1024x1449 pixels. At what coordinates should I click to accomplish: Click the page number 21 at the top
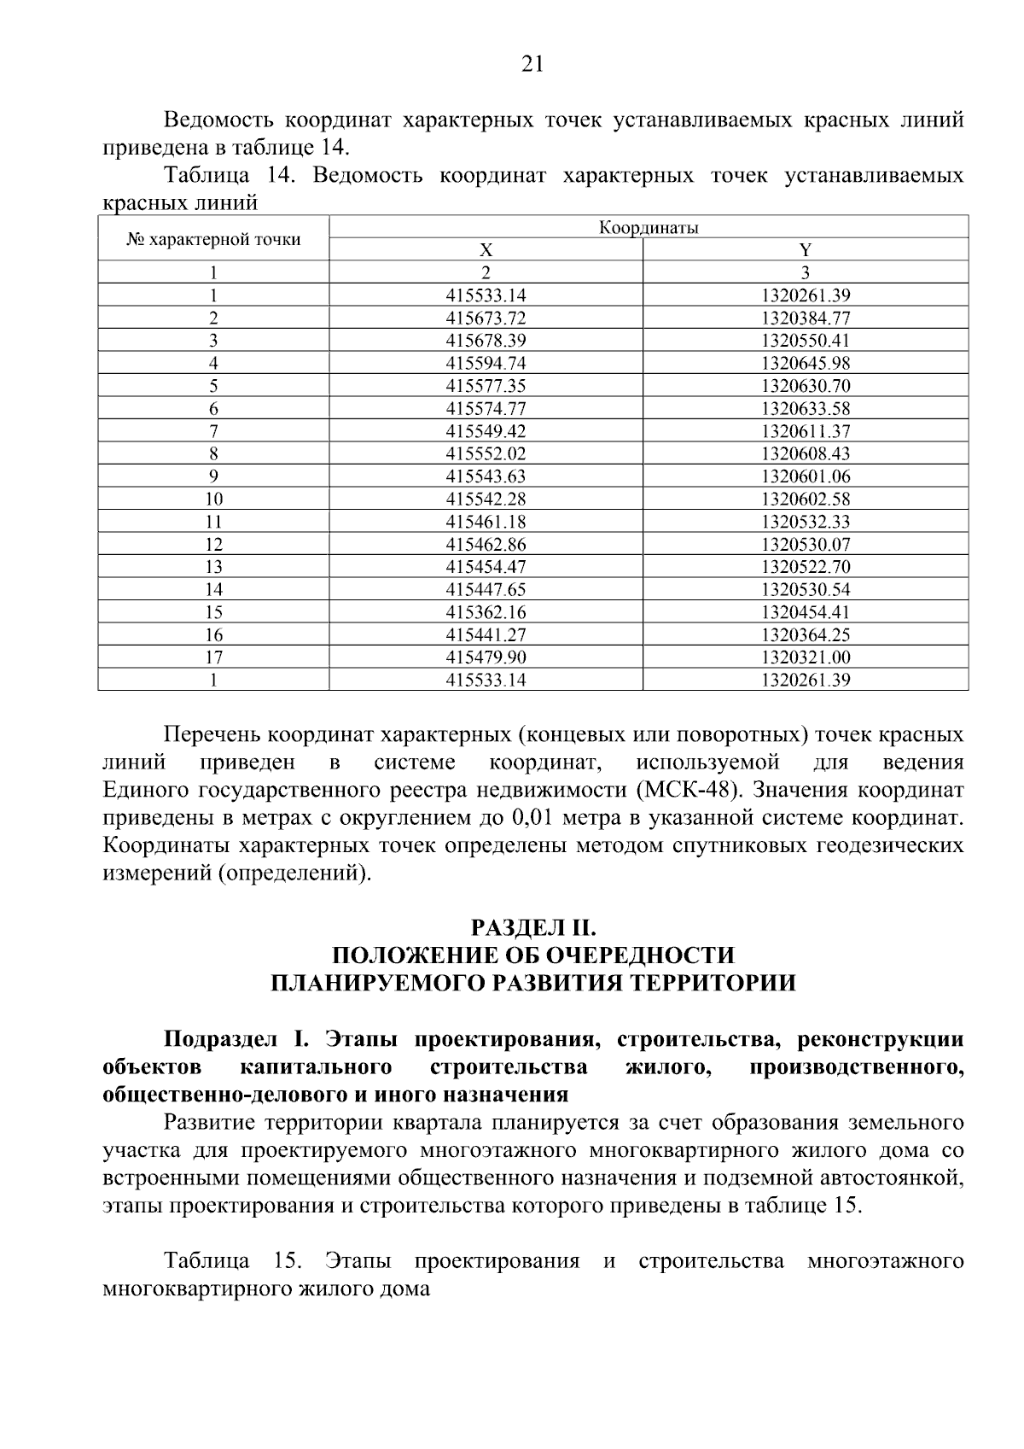pyautogui.click(x=531, y=64)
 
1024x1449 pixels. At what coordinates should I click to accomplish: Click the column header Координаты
pyautogui.click(x=649, y=228)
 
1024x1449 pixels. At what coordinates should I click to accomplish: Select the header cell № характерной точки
pyautogui.click(x=213, y=239)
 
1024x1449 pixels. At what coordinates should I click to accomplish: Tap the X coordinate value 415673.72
pyautogui.click(x=486, y=318)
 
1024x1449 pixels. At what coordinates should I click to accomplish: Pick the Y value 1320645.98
pyautogui.click(x=806, y=364)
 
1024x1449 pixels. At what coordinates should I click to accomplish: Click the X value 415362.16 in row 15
pyautogui.click(x=486, y=612)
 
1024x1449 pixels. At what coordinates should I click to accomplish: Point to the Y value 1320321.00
pyautogui.click(x=806, y=657)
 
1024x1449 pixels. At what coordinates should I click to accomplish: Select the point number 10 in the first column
pyautogui.click(x=213, y=499)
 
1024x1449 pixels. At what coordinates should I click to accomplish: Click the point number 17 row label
pyautogui.click(x=213, y=657)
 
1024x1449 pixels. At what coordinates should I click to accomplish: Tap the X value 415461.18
pyautogui.click(x=486, y=522)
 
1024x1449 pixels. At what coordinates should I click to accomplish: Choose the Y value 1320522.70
pyautogui.click(x=806, y=567)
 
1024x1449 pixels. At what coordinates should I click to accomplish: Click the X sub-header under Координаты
pyautogui.click(x=486, y=250)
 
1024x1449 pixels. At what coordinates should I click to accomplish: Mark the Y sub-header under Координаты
pyautogui.click(x=806, y=250)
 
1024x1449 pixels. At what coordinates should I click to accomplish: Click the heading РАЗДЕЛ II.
pyautogui.click(x=532, y=926)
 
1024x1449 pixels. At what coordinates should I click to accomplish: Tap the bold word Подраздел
pyautogui.click(x=220, y=1040)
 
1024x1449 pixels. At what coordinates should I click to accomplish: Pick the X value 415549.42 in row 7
pyautogui.click(x=486, y=431)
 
